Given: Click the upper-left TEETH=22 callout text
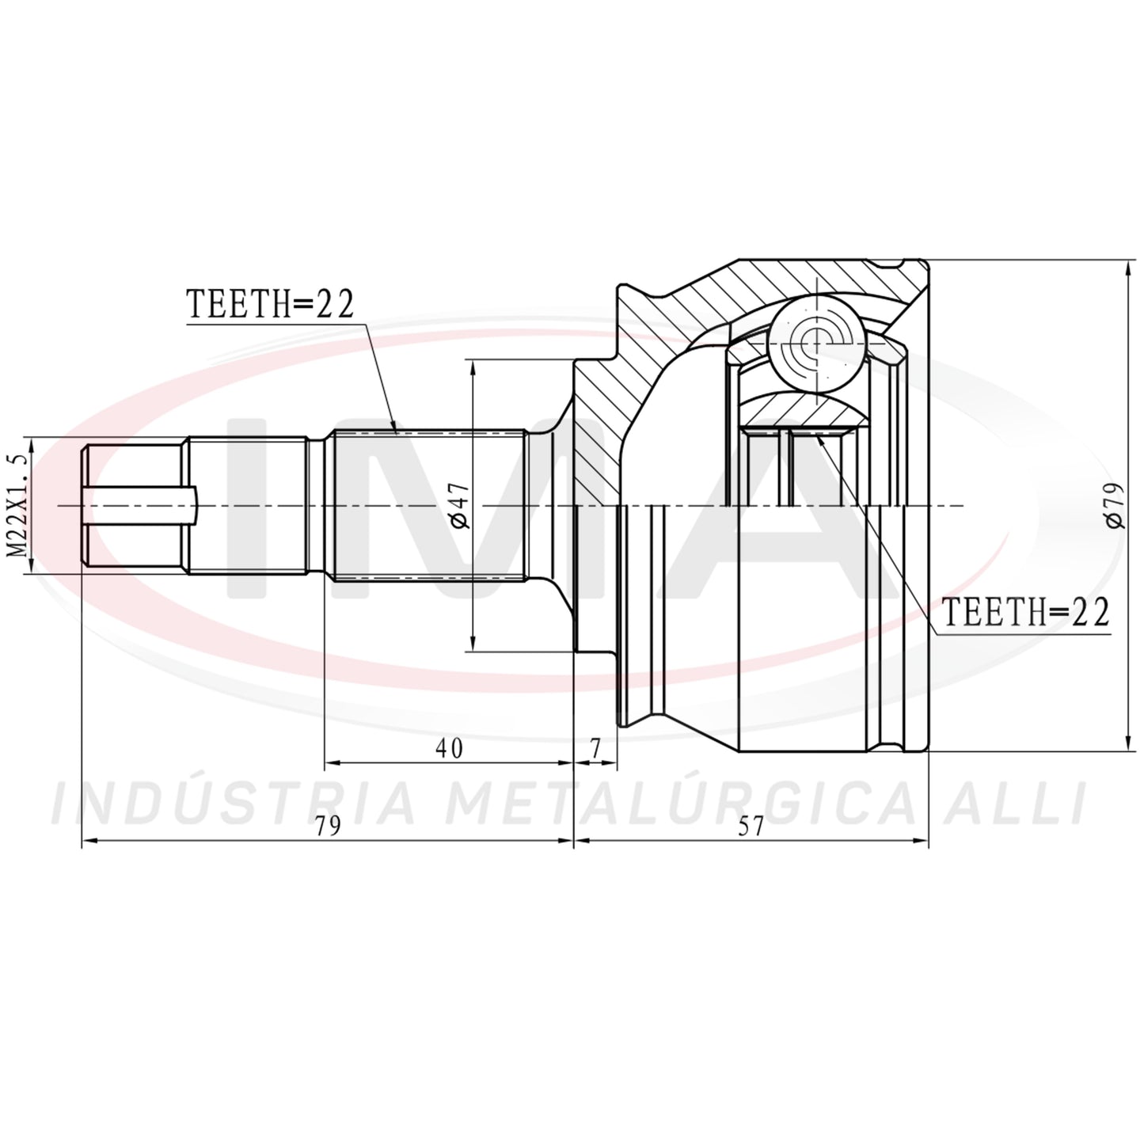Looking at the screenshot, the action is coord(270,305).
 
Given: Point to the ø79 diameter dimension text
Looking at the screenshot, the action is coord(1115,505).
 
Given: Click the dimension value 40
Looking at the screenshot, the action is coord(449,749).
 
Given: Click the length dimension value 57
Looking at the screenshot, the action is coord(751,827).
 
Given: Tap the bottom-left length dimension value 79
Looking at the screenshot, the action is coord(328,827).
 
